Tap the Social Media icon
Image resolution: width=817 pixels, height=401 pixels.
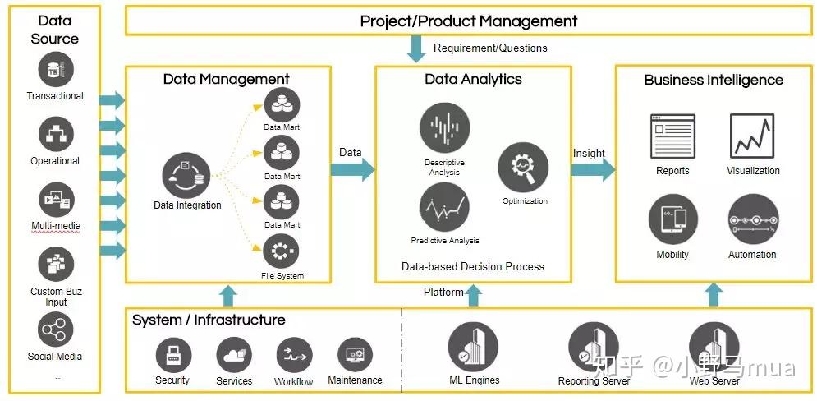point(55,330)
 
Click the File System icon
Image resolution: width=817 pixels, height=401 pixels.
point(281,251)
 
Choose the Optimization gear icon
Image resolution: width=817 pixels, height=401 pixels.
point(523,168)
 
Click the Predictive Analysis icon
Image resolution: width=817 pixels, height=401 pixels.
point(444,208)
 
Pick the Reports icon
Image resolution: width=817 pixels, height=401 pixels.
point(672,136)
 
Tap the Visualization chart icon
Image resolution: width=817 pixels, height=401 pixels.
point(752,136)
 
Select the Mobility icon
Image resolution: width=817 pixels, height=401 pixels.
point(672,219)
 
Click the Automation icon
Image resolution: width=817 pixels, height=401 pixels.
point(752,219)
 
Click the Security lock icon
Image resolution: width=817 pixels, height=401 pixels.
point(172,354)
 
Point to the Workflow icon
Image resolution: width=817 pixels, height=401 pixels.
point(293,355)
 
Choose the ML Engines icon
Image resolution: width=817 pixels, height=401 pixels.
point(473,347)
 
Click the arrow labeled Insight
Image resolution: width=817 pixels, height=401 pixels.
point(593,169)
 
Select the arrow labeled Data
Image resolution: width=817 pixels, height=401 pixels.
point(352,169)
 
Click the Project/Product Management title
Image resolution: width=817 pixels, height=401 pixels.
point(469,21)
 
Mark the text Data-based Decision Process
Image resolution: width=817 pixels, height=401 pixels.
point(472,266)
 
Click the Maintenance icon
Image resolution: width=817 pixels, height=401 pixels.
point(355,355)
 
